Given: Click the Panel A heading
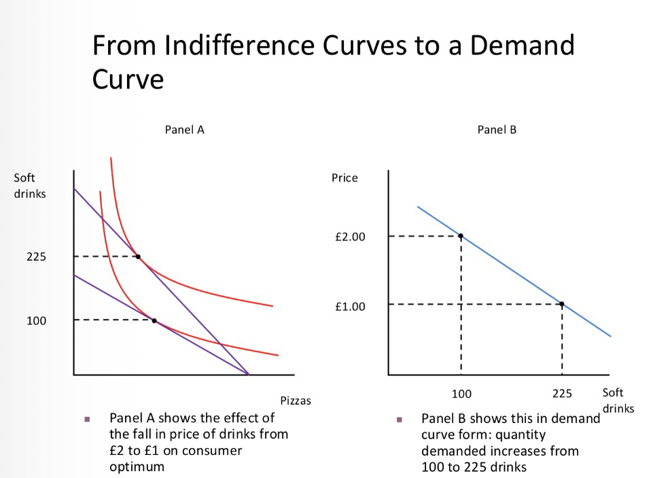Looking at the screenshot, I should click(x=184, y=130).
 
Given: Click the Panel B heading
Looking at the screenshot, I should click(x=497, y=130).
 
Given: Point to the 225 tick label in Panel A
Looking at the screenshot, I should click(x=37, y=257).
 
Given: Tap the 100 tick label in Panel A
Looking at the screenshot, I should click(x=37, y=320).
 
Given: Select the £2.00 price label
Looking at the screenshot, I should click(x=350, y=237).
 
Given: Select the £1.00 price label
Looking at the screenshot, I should click(x=350, y=307).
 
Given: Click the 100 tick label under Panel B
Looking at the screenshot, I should click(x=461, y=394).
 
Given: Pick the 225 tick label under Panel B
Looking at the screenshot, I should click(x=562, y=394).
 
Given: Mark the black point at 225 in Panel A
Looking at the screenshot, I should click(x=138, y=256).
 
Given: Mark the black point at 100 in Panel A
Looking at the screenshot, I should click(x=154, y=320).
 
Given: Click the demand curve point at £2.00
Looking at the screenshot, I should click(x=461, y=236).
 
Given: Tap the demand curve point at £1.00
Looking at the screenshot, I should click(x=562, y=304).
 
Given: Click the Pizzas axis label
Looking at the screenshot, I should click(x=296, y=400).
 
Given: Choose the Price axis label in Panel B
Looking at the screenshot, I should click(x=345, y=178).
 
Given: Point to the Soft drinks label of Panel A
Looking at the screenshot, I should click(x=30, y=186).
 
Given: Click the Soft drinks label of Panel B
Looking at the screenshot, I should click(x=618, y=400).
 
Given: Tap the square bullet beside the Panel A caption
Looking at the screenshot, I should click(x=86, y=418).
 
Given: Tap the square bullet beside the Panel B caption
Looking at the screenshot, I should click(x=400, y=418).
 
